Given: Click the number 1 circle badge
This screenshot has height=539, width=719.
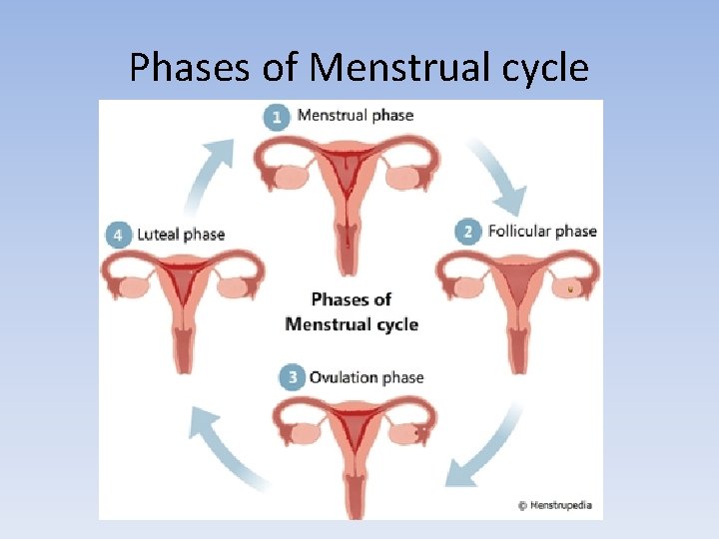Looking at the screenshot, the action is click(278, 117).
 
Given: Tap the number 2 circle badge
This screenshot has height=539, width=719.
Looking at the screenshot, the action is click(467, 233).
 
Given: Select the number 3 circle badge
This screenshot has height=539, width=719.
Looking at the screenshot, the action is click(292, 378).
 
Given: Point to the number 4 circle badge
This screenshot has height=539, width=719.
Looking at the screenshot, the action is click(119, 236).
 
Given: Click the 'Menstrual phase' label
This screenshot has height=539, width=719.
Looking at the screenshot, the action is click(356, 115).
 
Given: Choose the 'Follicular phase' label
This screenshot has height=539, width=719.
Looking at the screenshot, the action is click(542, 232).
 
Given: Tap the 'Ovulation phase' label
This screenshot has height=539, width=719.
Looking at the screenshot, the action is click(366, 377).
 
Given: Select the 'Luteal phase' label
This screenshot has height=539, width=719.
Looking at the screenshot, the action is click(181, 235).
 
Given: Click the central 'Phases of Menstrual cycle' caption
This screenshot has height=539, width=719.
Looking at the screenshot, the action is click(352, 311).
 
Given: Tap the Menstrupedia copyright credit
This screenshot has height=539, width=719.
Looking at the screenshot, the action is click(555, 505).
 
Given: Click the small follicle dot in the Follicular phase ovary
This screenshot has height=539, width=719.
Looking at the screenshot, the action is click(571, 288).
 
